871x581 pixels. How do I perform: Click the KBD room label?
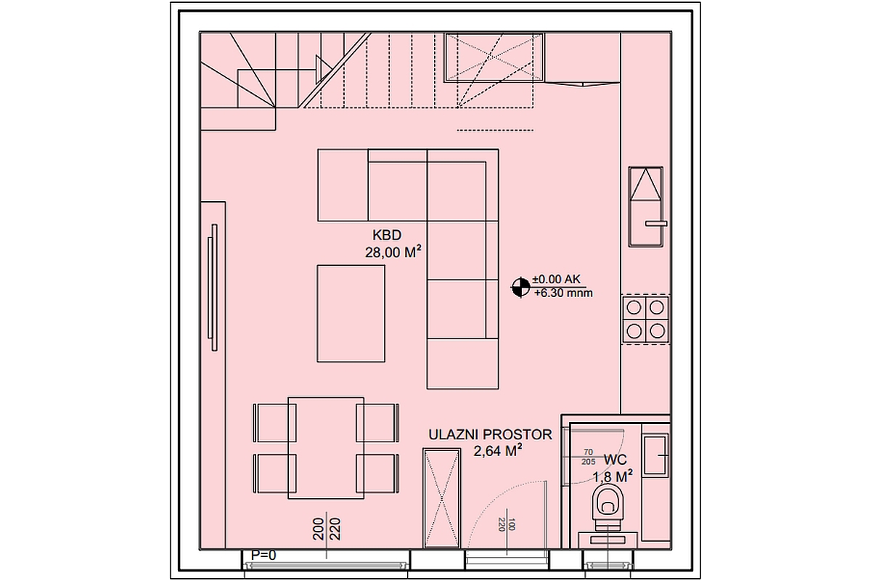click(x=386, y=235)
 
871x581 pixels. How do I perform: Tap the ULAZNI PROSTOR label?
click(x=490, y=435)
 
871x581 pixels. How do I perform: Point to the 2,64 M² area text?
click(x=499, y=452)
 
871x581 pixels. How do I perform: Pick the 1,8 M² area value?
click(x=613, y=476)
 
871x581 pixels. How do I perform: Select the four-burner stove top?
click(x=645, y=319)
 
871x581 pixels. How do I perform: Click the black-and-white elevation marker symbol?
click(x=520, y=287)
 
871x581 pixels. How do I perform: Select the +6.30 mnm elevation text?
click(x=563, y=294)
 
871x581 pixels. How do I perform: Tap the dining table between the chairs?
click(x=326, y=447)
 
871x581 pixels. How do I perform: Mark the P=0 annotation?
click(x=263, y=556)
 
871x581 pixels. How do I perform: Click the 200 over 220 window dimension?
click(x=327, y=530)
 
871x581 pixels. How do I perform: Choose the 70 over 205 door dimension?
click(x=588, y=456)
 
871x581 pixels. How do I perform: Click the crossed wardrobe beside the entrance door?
click(x=441, y=498)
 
